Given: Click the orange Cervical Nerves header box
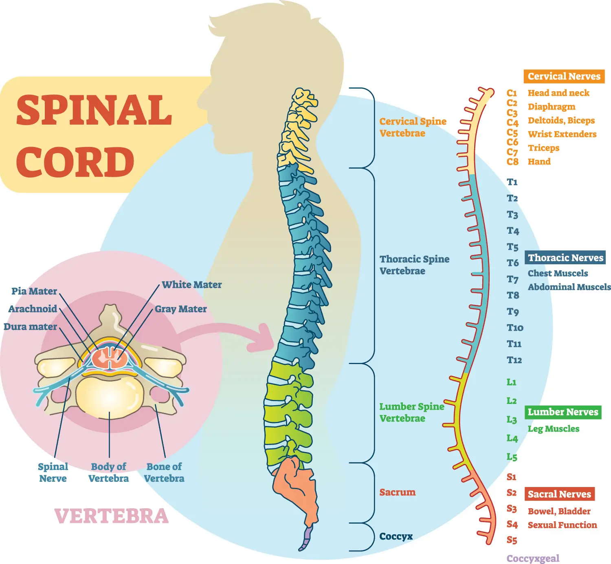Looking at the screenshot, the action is [564, 76].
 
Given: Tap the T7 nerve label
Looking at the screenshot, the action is [512, 279].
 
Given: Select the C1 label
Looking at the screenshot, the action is [512, 93].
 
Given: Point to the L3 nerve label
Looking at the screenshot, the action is [512, 419].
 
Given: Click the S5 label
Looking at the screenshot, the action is [512, 540].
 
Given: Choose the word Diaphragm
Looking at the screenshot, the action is [551, 107].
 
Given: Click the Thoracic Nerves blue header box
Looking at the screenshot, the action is [565, 257].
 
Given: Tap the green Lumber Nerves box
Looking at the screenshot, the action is [563, 412].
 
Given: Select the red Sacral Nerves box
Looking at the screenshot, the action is [559, 494].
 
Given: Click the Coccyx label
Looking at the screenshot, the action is [396, 536].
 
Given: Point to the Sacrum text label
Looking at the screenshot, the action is [397, 492].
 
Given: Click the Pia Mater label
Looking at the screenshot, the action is [34, 291].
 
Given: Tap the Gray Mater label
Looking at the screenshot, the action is [180, 309].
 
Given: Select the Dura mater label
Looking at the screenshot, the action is [30, 327].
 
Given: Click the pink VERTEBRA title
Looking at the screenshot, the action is [111, 516].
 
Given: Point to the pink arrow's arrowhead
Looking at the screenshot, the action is [264, 338].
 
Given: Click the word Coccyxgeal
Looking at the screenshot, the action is [533, 558].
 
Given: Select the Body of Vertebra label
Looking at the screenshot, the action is [109, 473].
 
